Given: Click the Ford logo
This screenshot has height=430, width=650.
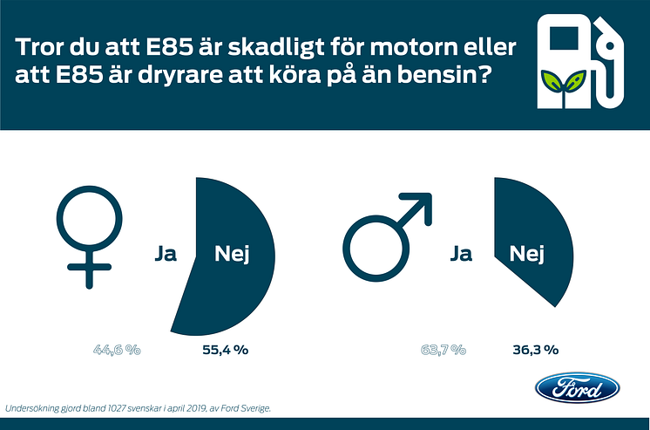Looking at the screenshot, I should coord(577,388).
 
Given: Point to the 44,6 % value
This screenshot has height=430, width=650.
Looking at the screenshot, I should coord(118,350).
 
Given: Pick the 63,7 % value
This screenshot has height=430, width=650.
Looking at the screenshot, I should coord(443,350).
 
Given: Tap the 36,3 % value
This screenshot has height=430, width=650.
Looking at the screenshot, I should coord(531,350).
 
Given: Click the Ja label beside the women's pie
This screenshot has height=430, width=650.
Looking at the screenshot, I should coord(166,255).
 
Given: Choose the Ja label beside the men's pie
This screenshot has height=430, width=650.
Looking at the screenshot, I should coord(462,255).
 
